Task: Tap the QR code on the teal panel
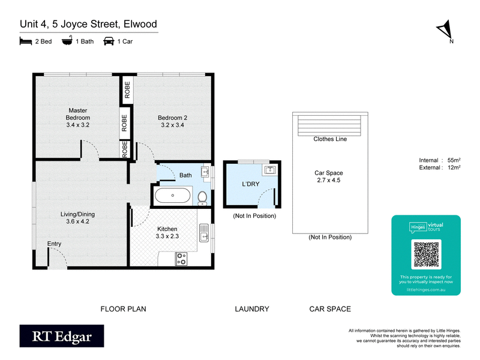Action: (x=426, y=254)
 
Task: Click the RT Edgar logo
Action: (x=61, y=337)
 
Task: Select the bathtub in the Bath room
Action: (x=173, y=195)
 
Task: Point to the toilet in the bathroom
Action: (x=202, y=196)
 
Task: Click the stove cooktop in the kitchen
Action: (x=181, y=259)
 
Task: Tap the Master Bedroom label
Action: (x=78, y=118)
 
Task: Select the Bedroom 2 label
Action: (x=172, y=121)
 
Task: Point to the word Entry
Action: (x=54, y=243)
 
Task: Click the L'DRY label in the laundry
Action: (x=250, y=184)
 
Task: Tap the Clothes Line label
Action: (x=330, y=139)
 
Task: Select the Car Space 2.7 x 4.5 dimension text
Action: (x=329, y=180)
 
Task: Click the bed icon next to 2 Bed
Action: (x=25, y=41)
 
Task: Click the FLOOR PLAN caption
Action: (x=122, y=309)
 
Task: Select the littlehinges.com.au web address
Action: (x=425, y=289)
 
